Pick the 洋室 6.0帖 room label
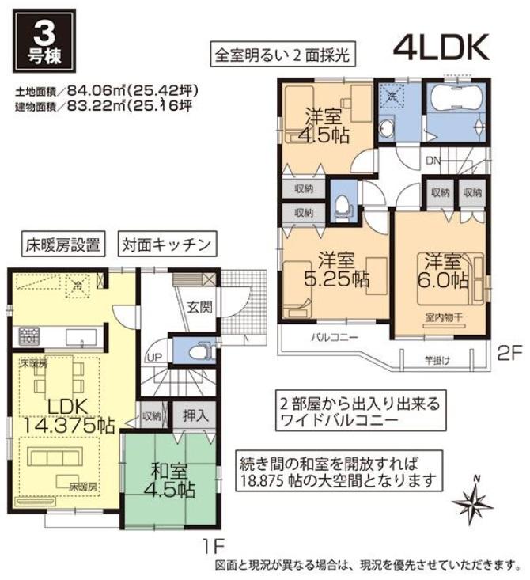pyautogui.click(x=441, y=270)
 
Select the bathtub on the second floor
pyautogui.click(x=456, y=101)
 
